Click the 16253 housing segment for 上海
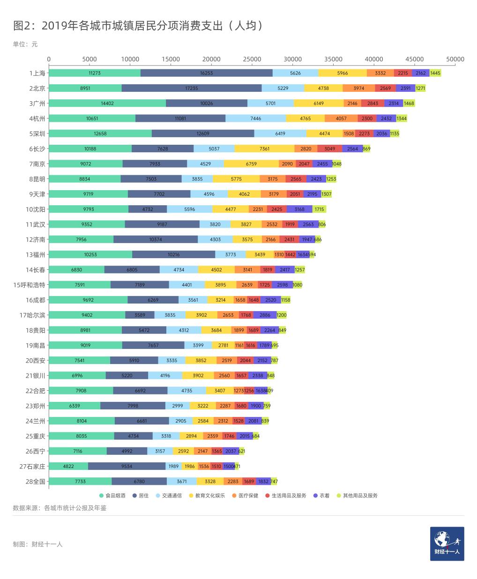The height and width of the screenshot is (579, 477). tap(206, 73)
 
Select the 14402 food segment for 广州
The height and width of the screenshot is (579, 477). tap(107, 104)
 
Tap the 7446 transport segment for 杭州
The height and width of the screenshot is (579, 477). tap(255, 119)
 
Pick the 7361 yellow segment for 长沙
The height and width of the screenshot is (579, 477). tap(264, 148)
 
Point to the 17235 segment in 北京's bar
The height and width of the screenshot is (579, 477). tap(191, 88)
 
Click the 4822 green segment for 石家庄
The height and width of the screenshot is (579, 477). tap(68, 466)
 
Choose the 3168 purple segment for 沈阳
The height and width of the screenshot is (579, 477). tap(299, 209)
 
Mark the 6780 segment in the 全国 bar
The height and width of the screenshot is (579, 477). tap(139, 481)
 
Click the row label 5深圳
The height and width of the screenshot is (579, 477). tap(37, 134)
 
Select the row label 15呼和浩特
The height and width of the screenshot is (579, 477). tap(30, 284)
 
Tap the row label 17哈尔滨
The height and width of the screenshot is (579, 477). tap(33, 315)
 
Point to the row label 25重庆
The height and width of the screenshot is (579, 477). tap(36, 436)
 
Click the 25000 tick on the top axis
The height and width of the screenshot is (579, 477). tap(252, 59)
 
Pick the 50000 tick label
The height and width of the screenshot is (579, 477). tap(455, 59)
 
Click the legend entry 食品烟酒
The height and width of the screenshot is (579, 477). tap(112, 495)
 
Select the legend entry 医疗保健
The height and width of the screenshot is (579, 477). tap(246, 495)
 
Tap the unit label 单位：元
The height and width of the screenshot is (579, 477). tap(25, 45)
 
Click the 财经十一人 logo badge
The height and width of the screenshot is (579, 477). tap(447, 543)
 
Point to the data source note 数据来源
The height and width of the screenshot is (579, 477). tap(60, 508)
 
